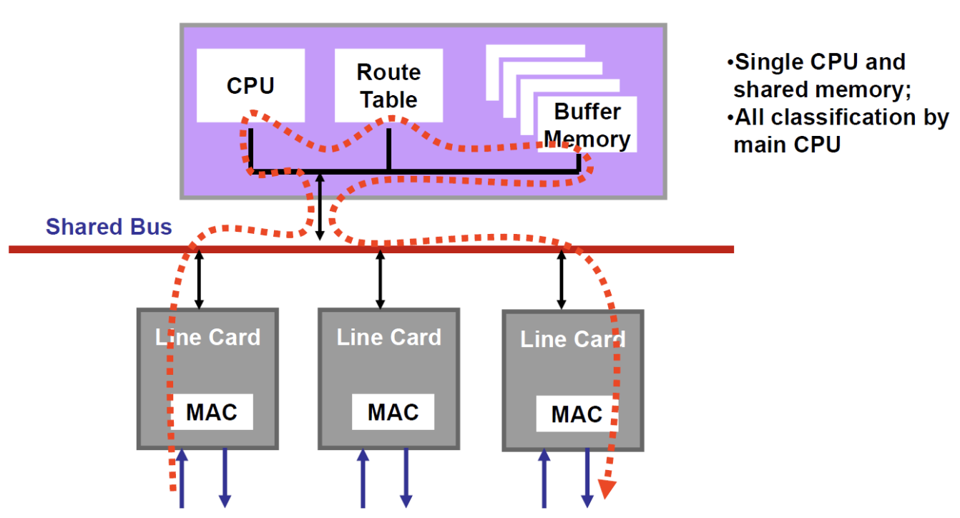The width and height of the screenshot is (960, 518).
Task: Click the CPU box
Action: (250, 85)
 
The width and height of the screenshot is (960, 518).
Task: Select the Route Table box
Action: (388, 85)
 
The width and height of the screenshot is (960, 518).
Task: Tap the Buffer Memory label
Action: (587, 125)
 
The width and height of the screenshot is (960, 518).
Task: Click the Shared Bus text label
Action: (109, 227)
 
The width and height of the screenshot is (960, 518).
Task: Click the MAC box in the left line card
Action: (211, 412)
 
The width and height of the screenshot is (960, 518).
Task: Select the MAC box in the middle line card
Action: (393, 412)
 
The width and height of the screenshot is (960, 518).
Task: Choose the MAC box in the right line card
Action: (577, 414)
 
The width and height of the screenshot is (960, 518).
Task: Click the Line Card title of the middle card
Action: (389, 337)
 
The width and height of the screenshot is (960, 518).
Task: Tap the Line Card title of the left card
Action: (207, 337)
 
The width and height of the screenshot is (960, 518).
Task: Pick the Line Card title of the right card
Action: (572, 339)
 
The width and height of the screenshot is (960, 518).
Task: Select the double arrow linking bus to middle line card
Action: (381, 279)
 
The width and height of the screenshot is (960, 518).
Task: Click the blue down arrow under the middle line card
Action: (406, 478)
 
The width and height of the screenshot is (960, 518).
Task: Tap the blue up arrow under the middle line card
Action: (363, 478)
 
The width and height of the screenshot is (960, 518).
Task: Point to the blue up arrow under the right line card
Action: (544, 478)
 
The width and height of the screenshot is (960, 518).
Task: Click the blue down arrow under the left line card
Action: (225, 478)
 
